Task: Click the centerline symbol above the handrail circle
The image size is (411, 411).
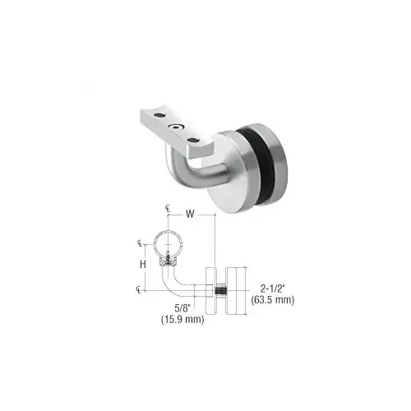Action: click(167, 210)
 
